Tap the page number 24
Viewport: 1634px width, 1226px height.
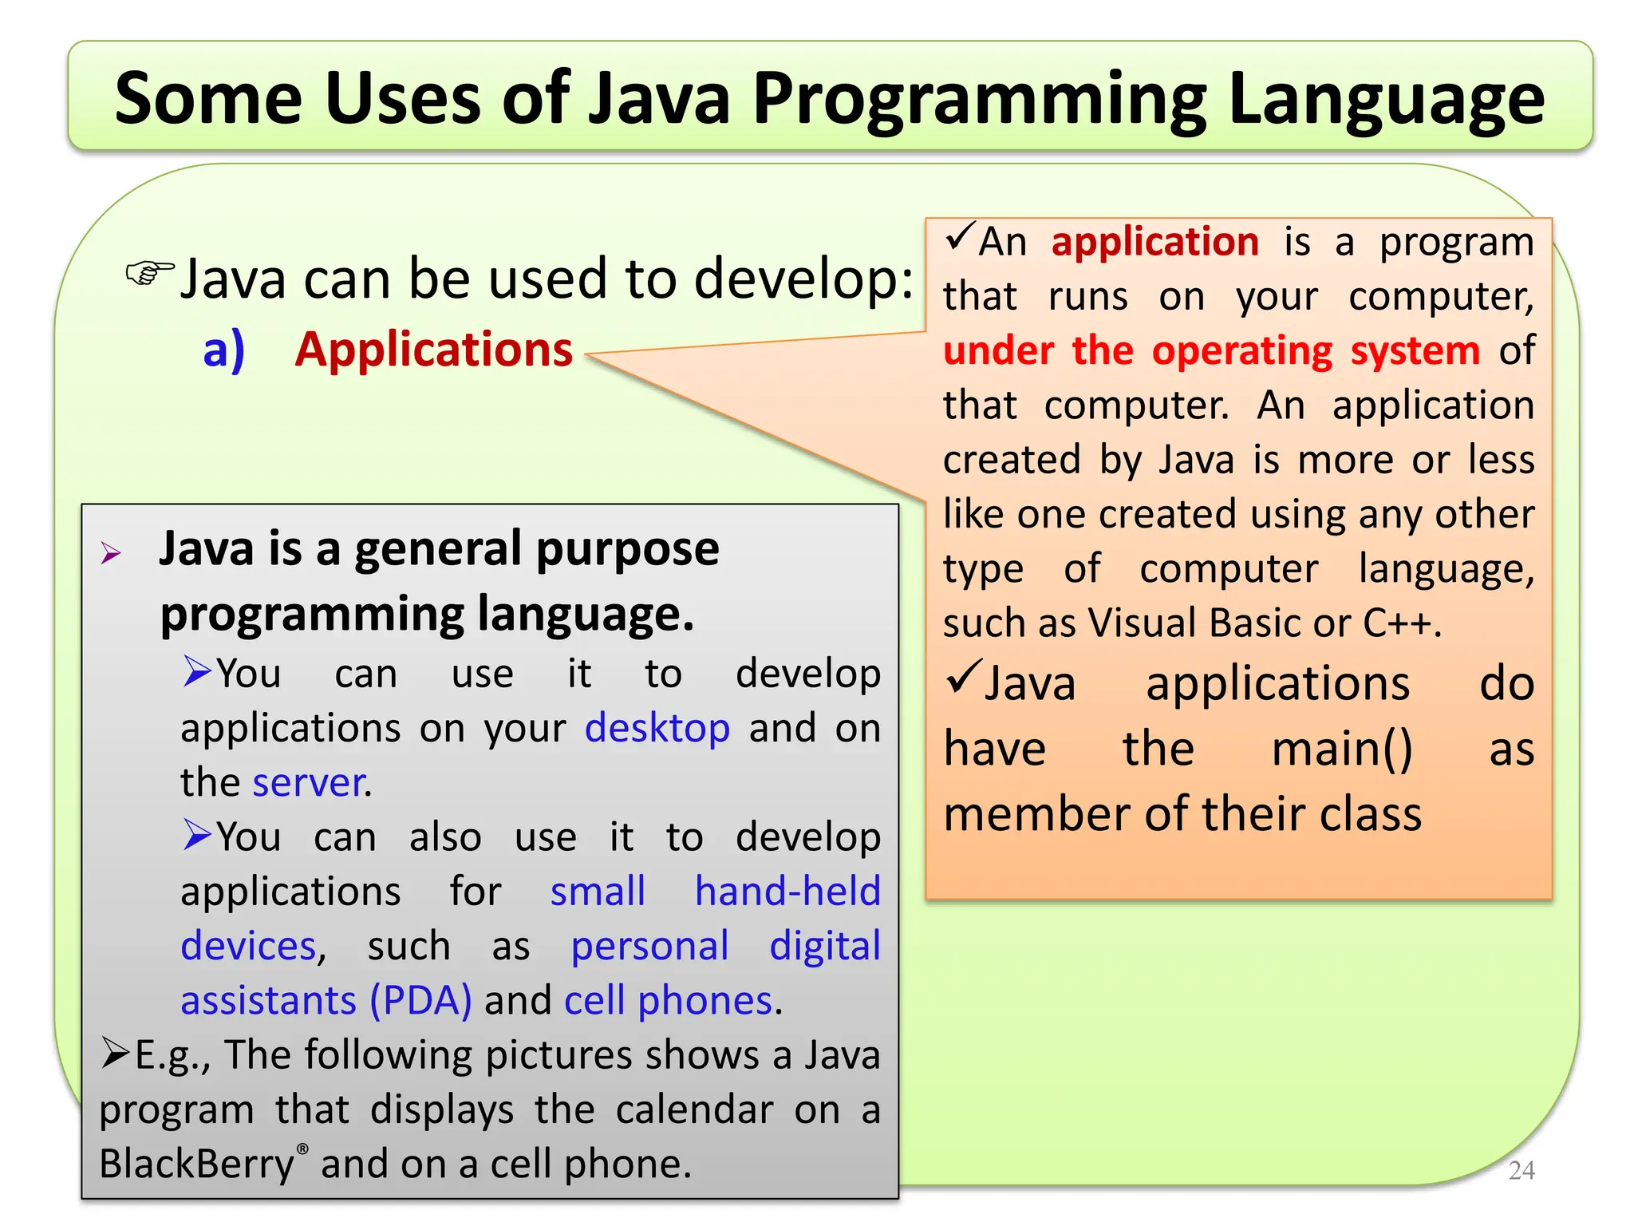coord(1522,1170)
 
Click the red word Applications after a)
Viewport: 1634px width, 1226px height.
coord(434,350)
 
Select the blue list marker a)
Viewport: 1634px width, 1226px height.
coord(223,350)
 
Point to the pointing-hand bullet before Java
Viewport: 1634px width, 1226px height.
coord(150,274)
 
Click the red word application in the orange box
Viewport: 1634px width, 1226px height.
coord(1154,242)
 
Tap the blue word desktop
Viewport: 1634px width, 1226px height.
coord(657,728)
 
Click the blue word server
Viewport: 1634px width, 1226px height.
coord(308,782)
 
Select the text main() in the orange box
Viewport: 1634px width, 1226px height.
coord(1342,749)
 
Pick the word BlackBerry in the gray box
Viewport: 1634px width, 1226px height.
coord(196,1164)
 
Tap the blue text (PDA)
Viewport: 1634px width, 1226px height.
coord(420,1000)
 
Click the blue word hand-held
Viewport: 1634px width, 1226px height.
coord(787,892)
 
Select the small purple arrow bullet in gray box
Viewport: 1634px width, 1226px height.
coord(111,553)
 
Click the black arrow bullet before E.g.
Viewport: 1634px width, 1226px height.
coord(115,1054)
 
